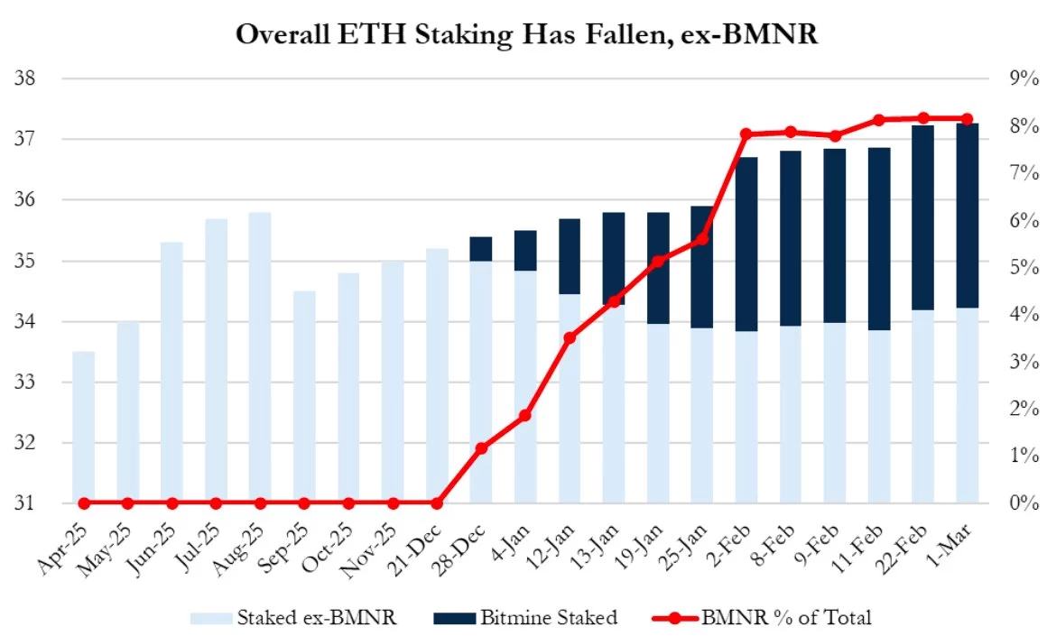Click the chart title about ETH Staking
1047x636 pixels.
523,33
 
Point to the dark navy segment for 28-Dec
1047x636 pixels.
481,249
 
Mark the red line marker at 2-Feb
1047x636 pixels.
746,134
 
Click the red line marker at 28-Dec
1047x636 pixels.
481,447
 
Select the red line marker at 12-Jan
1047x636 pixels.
570,337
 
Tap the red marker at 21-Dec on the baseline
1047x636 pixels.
437,503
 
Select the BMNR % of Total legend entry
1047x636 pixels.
762,617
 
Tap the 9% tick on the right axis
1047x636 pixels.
1019,78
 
